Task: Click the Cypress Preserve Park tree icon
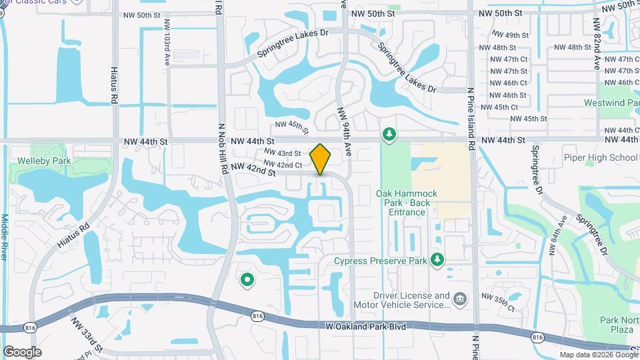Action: click(x=437, y=258)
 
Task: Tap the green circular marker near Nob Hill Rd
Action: click(x=247, y=280)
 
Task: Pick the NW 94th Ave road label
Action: click(x=345, y=132)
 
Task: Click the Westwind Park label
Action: click(x=611, y=103)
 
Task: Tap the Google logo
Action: click(x=22, y=351)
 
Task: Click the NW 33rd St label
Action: click(x=87, y=335)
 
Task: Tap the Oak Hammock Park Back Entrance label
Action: click(x=406, y=203)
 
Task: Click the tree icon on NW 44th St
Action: click(x=389, y=135)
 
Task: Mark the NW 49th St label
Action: click(x=510, y=35)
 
